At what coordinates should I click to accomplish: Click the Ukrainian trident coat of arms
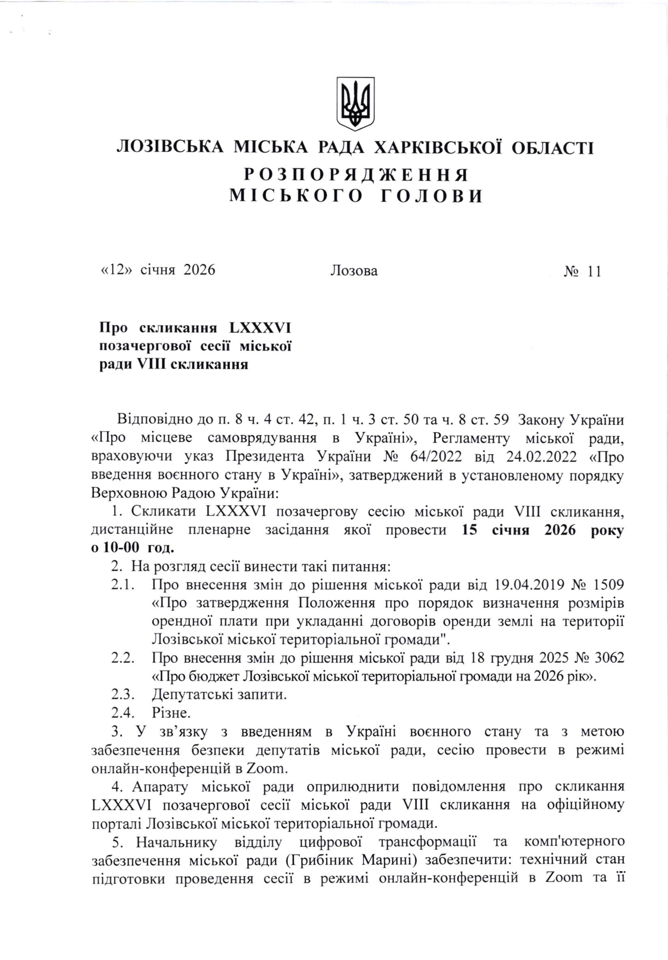tap(355, 102)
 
